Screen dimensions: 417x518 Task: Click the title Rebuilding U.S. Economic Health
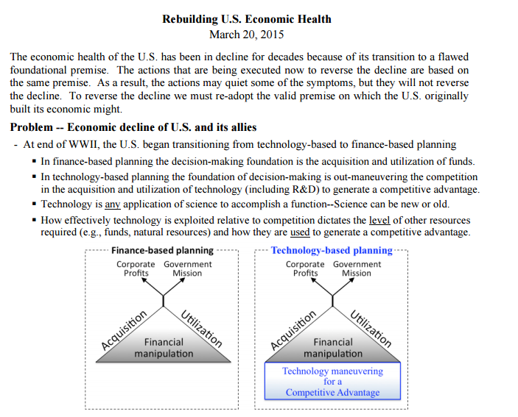[246, 19]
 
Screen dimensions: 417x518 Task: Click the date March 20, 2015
[246, 34]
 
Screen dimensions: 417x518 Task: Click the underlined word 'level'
[380, 220]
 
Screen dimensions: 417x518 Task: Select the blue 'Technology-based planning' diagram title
[332, 250]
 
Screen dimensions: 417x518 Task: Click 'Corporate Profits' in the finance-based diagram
[136, 268]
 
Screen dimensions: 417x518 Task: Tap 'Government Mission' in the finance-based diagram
[187, 268]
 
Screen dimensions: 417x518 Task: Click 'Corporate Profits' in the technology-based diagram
[305, 268]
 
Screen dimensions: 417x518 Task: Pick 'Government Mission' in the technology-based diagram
[357, 268]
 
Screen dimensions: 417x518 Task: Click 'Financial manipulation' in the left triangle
[164, 348]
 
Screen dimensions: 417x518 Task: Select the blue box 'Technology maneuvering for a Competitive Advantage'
[332, 382]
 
